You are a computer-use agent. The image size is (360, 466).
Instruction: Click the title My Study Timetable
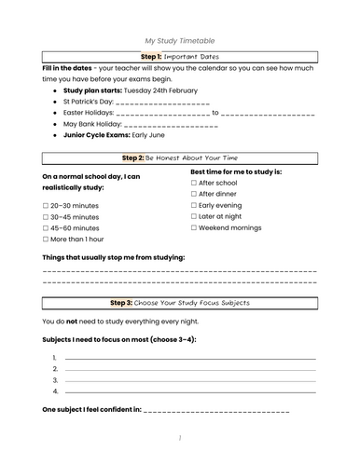click(x=180, y=41)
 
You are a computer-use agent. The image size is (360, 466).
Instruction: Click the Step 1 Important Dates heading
click(x=180, y=57)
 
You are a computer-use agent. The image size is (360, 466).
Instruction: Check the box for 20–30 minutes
click(x=47, y=205)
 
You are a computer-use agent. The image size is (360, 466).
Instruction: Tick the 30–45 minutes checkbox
click(x=47, y=216)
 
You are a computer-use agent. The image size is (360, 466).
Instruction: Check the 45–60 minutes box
click(x=47, y=227)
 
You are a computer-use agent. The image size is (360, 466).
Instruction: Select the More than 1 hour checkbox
click(x=47, y=239)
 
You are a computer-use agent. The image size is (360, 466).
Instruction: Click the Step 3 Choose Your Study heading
click(x=180, y=303)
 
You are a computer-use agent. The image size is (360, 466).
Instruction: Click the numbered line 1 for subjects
click(x=187, y=359)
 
